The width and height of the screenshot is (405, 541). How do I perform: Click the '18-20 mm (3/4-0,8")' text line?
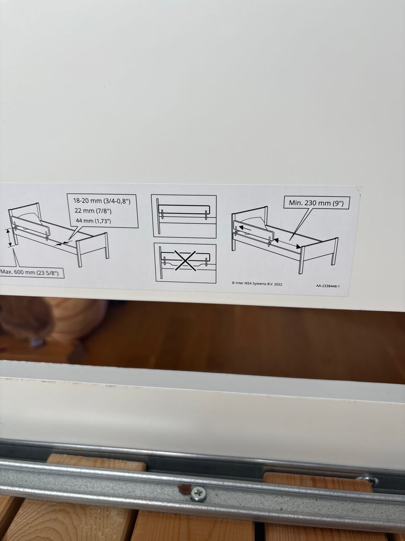click(102, 201)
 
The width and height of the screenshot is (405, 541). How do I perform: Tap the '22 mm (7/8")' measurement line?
click(93, 211)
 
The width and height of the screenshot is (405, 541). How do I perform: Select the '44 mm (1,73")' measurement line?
click(93, 221)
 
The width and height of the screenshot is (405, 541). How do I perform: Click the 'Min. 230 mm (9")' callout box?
click(317, 202)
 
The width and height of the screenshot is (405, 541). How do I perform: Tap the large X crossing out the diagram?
click(185, 260)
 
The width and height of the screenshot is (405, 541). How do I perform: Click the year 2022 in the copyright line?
click(278, 284)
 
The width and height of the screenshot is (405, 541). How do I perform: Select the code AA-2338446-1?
click(328, 286)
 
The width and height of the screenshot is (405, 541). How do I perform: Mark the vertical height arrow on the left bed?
click(9, 238)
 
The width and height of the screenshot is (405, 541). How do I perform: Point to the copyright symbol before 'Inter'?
click(233, 283)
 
